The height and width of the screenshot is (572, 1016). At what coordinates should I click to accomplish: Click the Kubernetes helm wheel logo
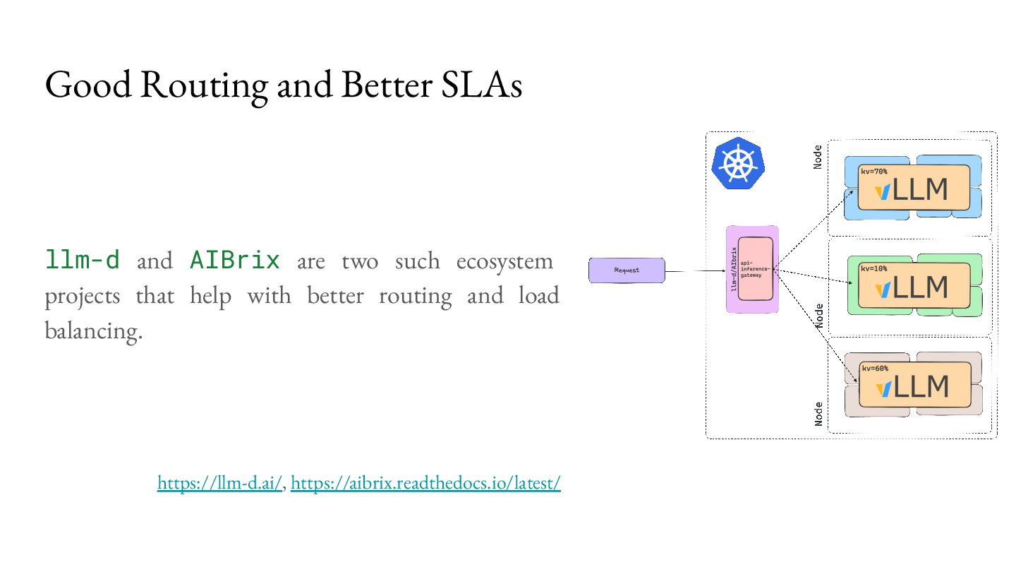pyautogui.click(x=738, y=163)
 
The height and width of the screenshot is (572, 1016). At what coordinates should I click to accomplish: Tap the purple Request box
pyautogui.click(x=627, y=270)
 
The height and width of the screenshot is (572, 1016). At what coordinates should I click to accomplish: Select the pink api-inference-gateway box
pyautogui.click(x=756, y=269)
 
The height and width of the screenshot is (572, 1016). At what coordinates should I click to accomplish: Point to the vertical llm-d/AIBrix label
pyautogui.click(x=734, y=269)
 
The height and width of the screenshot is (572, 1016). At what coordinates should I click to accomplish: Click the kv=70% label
pyautogui.click(x=874, y=171)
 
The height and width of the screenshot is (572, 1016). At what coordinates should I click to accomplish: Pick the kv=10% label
pyautogui.click(x=874, y=268)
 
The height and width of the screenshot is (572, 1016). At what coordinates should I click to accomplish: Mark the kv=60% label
pyautogui.click(x=875, y=368)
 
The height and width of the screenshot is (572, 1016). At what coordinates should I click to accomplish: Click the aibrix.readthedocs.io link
pyautogui.click(x=425, y=483)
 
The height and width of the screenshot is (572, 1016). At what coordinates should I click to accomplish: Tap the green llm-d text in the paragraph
pyautogui.click(x=83, y=261)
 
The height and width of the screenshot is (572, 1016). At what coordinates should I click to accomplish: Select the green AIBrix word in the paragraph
pyautogui.click(x=235, y=261)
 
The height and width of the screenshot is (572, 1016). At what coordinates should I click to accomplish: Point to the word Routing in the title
pyautogui.click(x=204, y=85)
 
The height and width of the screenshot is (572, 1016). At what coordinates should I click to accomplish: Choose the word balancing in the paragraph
pyautogui.click(x=93, y=330)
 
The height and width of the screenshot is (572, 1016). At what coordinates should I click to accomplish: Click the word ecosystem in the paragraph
pyautogui.click(x=504, y=261)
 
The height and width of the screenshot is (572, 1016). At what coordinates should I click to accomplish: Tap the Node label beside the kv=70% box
pyautogui.click(x=818, y=157)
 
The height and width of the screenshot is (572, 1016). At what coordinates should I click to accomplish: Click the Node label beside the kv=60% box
pyautogui.click(x=818, y=413)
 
